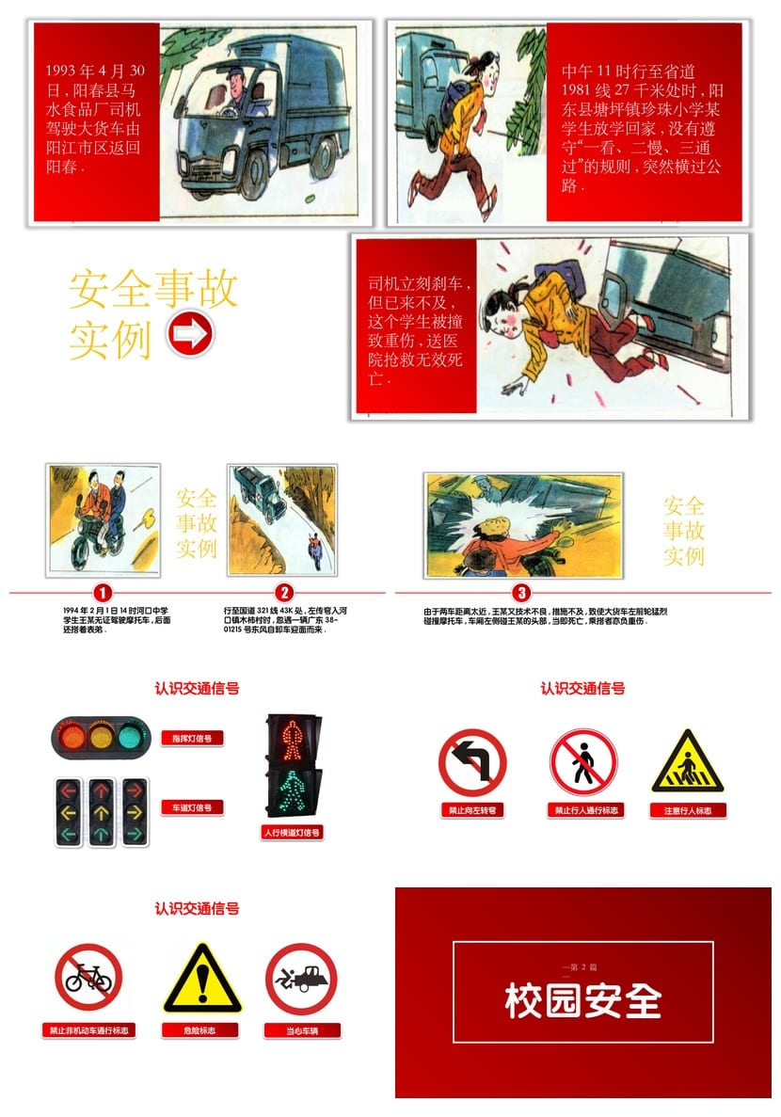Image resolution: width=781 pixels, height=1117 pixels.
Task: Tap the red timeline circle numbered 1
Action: coord(103,593)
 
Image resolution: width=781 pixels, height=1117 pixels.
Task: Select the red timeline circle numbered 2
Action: coord(284,593)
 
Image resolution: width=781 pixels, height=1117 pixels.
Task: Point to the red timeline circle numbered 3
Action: coord(522,593)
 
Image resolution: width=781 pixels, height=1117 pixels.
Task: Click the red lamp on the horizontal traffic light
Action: coord(70,735)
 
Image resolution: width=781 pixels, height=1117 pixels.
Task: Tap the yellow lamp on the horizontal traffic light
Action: coord(100,735)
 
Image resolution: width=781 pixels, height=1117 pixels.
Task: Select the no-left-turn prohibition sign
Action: coord(472,762)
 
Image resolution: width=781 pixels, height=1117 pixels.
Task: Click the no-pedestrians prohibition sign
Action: coord(583,762)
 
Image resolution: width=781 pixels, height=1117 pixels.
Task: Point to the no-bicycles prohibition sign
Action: coord(88,978)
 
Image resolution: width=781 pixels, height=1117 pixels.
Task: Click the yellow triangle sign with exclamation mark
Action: coord(201,980)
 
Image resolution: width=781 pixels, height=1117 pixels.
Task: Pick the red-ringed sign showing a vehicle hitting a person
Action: coord(301,979)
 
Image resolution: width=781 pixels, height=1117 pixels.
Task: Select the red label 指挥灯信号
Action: coord(192,739)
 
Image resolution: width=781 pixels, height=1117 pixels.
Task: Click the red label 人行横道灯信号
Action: coord(292,833)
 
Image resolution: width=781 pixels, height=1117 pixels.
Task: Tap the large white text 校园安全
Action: coord(583,1001)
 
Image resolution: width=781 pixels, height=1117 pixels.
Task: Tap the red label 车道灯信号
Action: coord(192,807)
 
